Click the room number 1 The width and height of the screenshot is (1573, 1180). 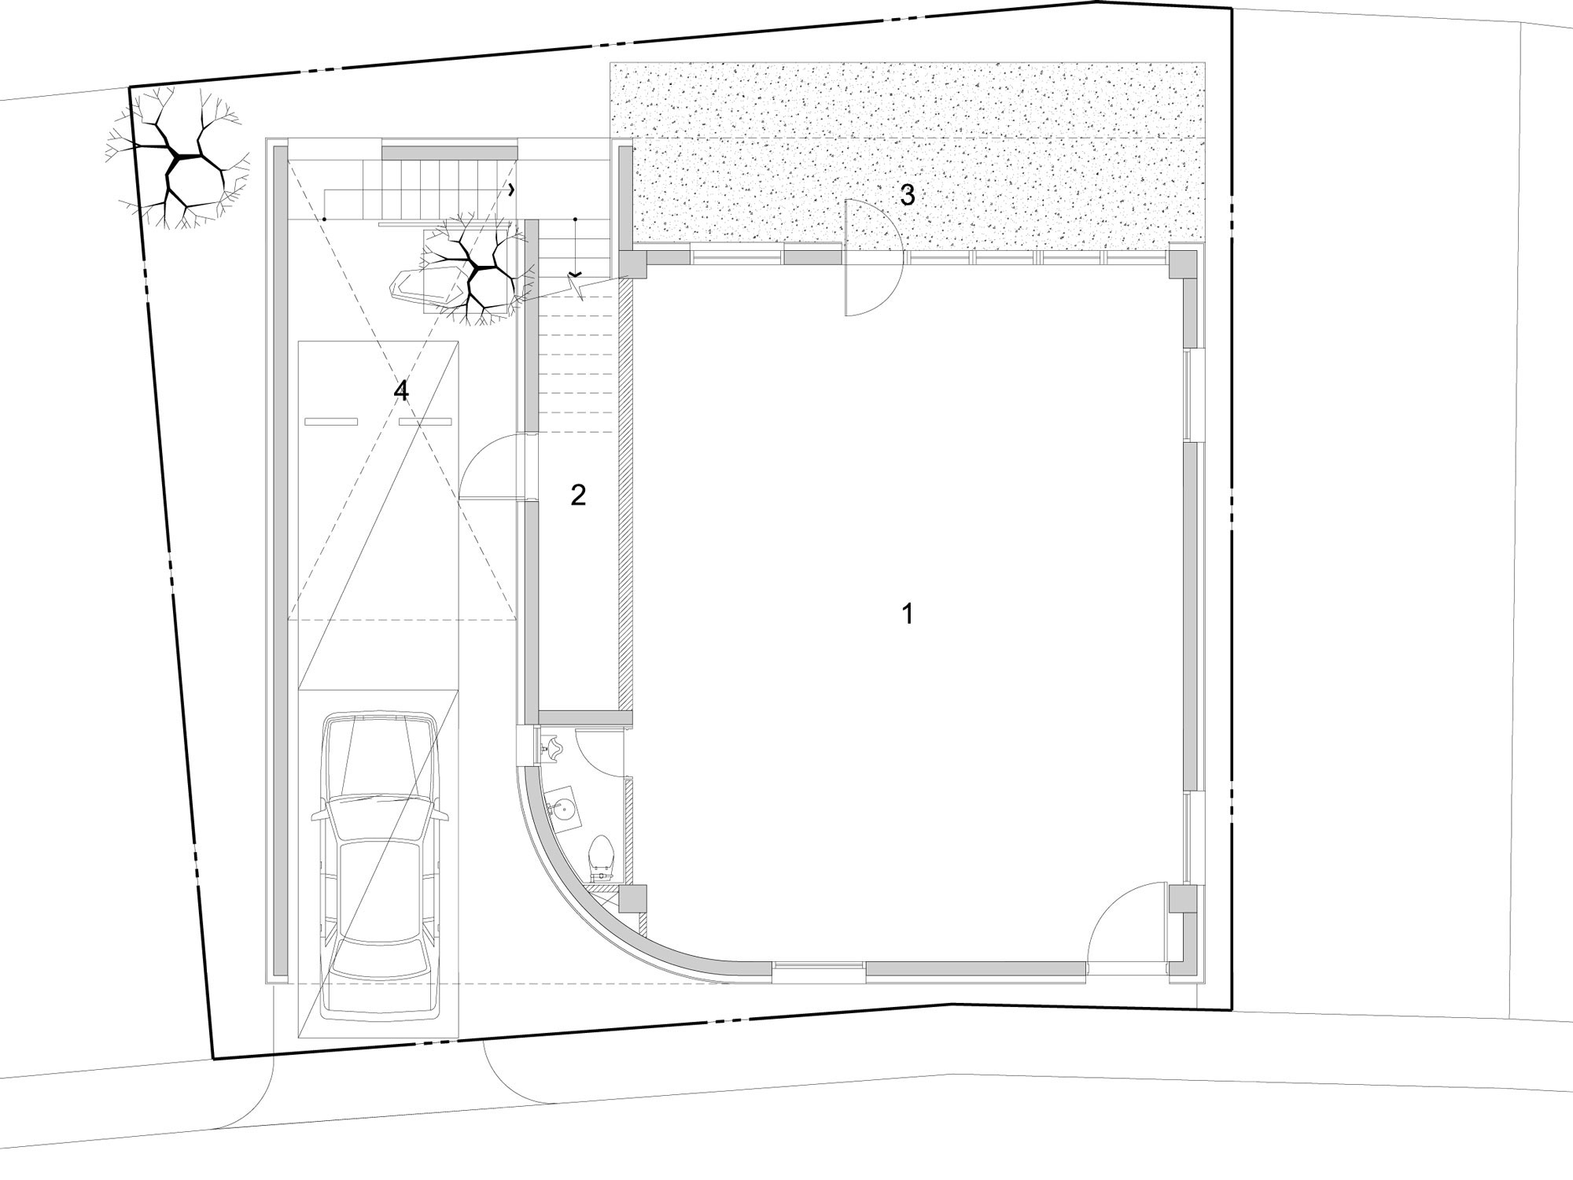point(908,614)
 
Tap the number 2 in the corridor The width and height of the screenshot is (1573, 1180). point(578,495)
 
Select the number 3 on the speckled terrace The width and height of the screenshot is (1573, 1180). point(908,195)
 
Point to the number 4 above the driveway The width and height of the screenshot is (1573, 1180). point(401,390)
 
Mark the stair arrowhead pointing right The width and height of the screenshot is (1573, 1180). point(513,190)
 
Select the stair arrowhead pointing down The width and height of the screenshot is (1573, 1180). point(576,272)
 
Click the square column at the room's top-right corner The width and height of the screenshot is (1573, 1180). point(1181,261)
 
